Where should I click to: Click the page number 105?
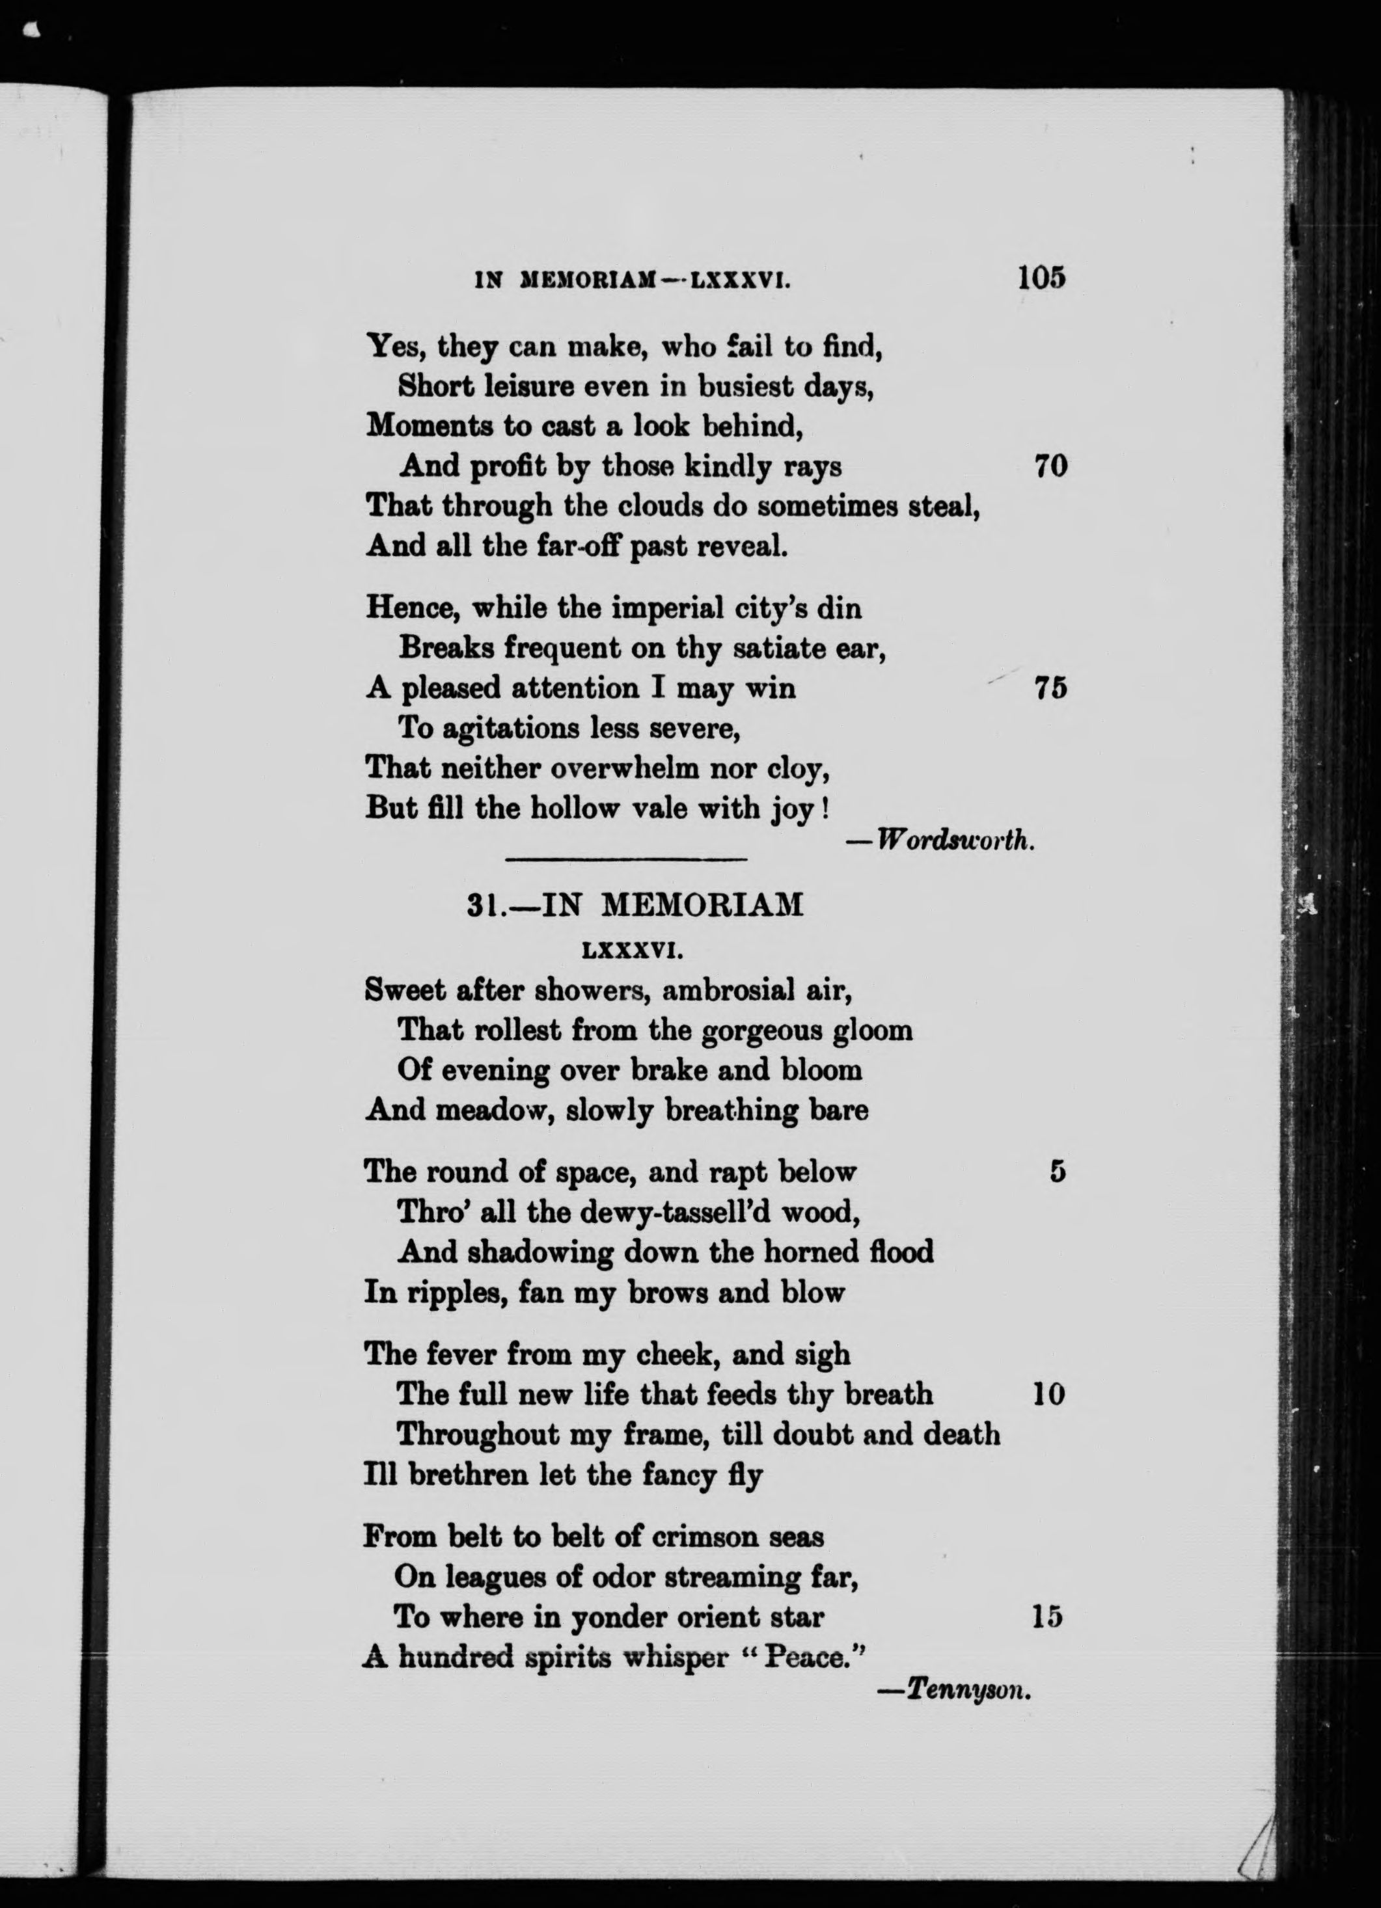1041,278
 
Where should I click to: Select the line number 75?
1051,688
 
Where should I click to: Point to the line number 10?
1048,1395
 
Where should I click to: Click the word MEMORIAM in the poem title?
704,904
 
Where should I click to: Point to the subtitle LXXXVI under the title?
631,952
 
